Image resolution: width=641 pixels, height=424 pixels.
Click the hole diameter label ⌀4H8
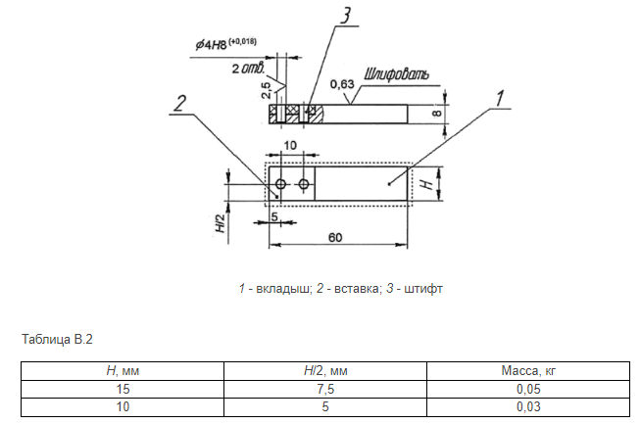coord(214,44)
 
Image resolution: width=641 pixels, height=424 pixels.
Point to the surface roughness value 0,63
coord(342,84)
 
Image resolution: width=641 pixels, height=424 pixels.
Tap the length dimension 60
coord(334,237)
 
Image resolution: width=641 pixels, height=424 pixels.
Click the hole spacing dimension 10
coord(290,145)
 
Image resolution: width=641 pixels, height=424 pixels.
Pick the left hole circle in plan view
coord(280,184)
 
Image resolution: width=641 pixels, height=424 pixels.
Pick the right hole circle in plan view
coord(305,184)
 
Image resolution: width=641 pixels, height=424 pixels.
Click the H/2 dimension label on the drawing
coord(221,225)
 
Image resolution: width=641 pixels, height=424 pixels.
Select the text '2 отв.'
coord(250,70)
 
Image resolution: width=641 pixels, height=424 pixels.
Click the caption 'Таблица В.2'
coord(56,340)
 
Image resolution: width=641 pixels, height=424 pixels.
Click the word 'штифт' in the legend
coord(429,289)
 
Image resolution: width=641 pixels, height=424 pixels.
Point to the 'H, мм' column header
coord(123,372)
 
